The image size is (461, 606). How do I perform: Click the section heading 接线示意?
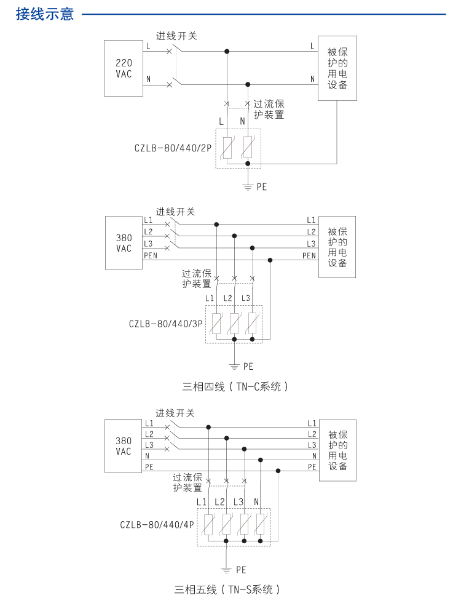point(45,14)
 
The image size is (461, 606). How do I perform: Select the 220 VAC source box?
point(124,68)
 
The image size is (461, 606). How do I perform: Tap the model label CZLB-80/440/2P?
point(173,148)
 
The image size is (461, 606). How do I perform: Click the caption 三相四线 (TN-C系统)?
point(235,387)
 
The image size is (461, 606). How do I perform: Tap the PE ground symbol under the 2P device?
point(247,185)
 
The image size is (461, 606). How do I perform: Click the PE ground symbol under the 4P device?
point(227,568)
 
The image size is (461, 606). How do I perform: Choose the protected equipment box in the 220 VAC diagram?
point(337,68)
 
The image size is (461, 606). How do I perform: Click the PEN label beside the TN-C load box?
point(309,256)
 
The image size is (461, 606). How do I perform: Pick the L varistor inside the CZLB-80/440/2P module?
point(227,148)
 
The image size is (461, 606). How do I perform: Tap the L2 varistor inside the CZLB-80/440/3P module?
point(234,324)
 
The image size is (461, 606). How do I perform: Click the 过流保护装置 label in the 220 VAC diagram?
point(269,110)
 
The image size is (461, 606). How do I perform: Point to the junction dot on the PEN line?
point(270,260)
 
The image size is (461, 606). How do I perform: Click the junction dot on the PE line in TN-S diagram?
point(278,471)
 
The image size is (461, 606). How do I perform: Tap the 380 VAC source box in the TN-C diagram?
point(124,243)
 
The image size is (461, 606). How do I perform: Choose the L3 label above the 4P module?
point(239,502)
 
